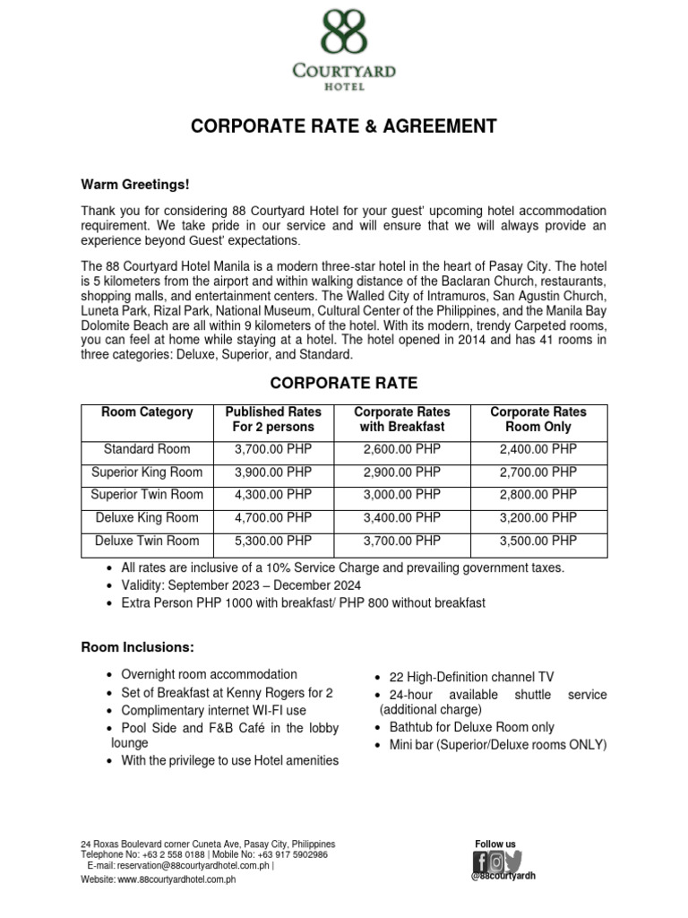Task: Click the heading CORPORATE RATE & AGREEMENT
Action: click(343, 126)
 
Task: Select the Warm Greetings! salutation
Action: click(135, 184)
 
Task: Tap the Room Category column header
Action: click(147, 412)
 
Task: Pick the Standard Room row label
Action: click(147, 448)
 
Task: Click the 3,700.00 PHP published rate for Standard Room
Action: click(272, 448)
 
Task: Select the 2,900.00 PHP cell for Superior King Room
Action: click(402, 472)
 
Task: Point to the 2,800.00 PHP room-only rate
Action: click(538, 495)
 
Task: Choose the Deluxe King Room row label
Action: click(147, 518)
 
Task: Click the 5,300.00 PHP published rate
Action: click(272, 541)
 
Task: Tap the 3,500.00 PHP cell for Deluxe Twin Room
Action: click(538, 541)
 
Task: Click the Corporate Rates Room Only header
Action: click(538, 420)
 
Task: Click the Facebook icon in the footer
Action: click(479, 862)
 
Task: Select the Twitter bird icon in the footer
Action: click(512, 862)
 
